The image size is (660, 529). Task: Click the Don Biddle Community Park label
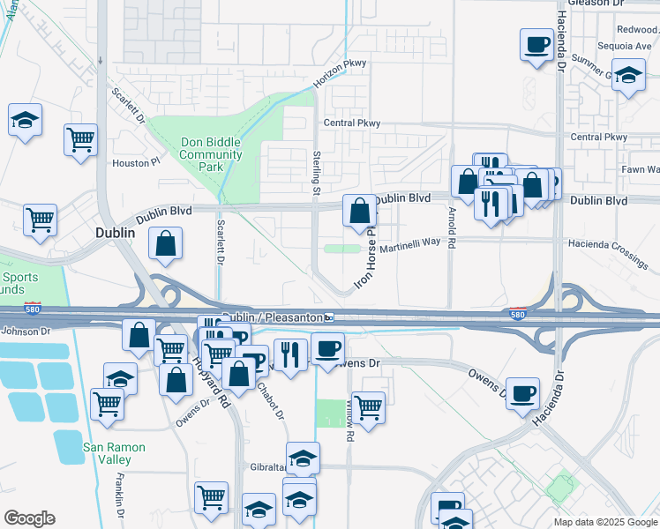pos(210,154)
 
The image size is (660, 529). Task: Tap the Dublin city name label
pos(115,233)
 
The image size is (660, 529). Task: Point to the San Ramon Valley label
pos(119,453)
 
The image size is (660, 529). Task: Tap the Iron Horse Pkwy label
pos(365,259)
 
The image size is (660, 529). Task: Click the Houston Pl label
pos(136,162)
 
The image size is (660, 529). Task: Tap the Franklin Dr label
pos(120,500)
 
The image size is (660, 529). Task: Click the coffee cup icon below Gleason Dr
pos(536,46)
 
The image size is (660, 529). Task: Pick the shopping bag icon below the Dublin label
pos(166,246)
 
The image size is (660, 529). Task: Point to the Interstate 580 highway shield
pos(519,313)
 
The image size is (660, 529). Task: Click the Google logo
pos(29,518)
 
